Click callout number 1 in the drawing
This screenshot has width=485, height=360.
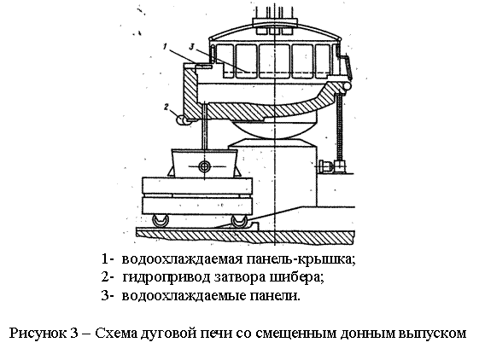coord(165,47)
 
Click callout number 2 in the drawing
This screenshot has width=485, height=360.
coord(167,107)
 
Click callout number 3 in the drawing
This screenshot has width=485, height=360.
coord(192,47)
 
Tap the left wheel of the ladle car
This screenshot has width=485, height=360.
coord(161,221)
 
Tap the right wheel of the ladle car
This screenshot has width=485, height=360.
coord(239,221)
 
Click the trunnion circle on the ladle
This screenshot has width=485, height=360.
coord(204,166)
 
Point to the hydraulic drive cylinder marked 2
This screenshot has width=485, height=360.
coord(182,119)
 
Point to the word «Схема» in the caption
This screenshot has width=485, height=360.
coord(116,333)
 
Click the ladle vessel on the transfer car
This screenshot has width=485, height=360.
coord(204,163)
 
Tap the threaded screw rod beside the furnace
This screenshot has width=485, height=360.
coord(340,127)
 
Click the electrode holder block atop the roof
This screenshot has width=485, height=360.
coord(275,22)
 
